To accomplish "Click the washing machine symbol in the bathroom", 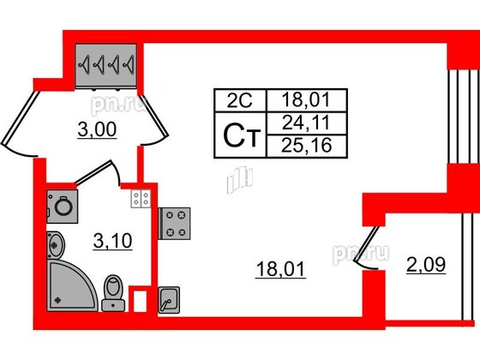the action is [x=63, y=207].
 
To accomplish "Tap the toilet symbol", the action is [x=113, y=293].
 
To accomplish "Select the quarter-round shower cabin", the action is [x=72, y=286].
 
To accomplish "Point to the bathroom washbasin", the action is [x=56, y=245].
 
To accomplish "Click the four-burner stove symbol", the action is [x=175, y=224].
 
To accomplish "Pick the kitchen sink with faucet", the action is [x=169, y=300].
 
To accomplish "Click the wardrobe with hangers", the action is [x=106, y=66].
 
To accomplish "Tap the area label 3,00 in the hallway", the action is [x=97, y=129].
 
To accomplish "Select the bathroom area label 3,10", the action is [x=113, y=241].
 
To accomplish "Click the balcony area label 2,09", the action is [x=426, y=265].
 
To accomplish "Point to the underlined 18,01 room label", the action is [x=281, y=269].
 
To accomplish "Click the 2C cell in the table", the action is [x=240, y=100].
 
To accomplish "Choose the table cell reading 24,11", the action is [x=307, y=123].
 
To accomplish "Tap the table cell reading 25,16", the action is [x=307, y=146].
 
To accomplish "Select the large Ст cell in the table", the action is [x=241, y=135].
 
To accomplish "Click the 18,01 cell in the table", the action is [x=307, y=100].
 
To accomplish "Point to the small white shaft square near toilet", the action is [x=141, y=301].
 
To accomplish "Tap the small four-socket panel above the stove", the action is [x=141, y=198].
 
